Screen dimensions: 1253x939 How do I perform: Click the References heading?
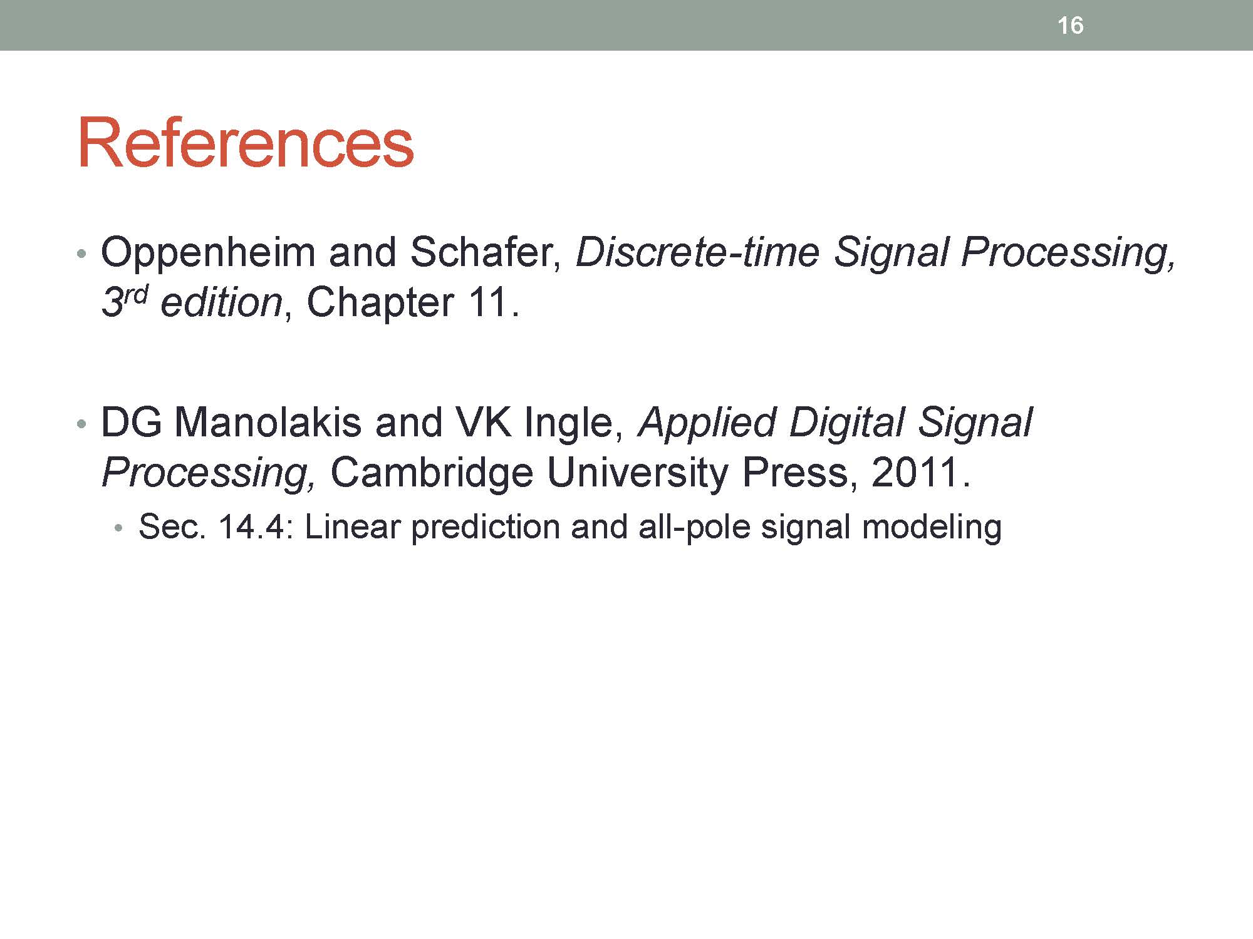pyautogui.click(x=245, y=143)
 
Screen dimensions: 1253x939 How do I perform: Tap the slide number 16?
pyautogui.click(x=1070, y=26)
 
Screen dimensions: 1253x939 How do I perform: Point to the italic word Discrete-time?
pyautogui.click(x=697, y=252)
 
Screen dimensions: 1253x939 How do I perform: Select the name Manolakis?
pyautogui.click(x=268, y=423)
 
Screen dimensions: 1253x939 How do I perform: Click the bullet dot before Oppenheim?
pyautogui.click(x=80, y=254)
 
